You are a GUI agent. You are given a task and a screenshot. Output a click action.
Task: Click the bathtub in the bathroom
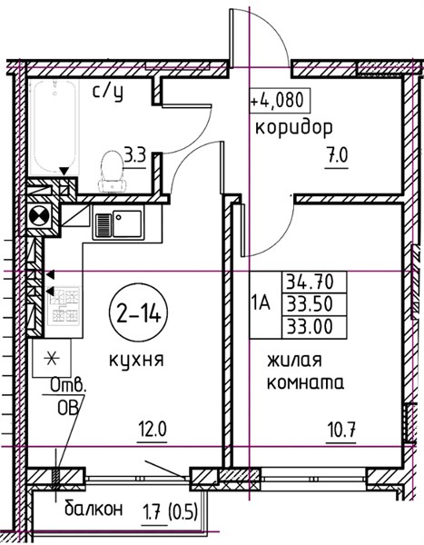54,127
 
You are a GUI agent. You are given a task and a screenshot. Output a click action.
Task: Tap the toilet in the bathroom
112,172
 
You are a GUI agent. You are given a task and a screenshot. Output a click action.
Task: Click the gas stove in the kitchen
64,305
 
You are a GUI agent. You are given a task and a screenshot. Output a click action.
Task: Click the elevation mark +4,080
279,101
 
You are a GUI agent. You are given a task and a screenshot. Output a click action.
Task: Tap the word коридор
294,128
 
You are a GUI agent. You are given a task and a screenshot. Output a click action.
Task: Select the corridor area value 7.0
337,156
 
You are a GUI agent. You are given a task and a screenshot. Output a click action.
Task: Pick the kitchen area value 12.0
153,430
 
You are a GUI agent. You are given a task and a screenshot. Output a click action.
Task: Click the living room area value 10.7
341,431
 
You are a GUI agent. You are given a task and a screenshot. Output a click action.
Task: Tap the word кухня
136,360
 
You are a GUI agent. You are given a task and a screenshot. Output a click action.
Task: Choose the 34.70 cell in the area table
314,282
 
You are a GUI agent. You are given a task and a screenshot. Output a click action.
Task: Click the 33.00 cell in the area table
314,327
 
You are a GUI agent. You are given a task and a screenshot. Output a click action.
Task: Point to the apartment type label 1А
261,303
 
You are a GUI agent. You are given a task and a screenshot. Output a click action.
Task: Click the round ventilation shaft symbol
40,217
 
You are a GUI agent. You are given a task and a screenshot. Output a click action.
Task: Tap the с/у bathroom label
108,93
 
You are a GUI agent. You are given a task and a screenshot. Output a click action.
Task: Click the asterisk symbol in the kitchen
52,359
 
